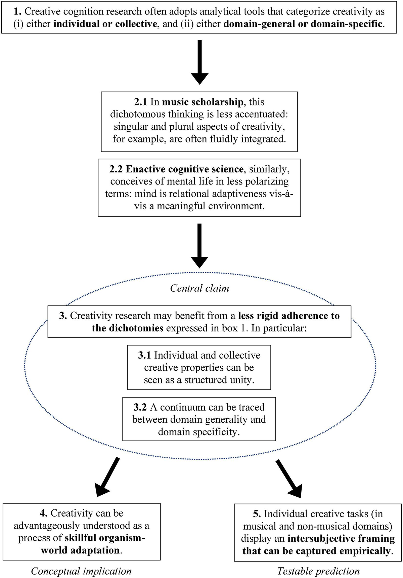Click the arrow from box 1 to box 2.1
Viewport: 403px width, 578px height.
click(x=199, y=62)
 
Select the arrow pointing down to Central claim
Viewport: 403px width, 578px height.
click(x=199, y=245)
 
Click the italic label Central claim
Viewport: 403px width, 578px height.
click(x=199, y=288)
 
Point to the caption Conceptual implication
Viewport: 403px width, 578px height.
click(x=81, y=571)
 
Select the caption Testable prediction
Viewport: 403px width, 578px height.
click(x=318, y=571)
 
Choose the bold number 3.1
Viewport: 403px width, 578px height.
click(x=144, y=356)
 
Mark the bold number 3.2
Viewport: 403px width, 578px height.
click(x=140, y=407)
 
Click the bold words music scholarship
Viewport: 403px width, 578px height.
click(x=203, y=102)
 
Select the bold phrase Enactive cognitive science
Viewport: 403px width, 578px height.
click(x=185, y=169)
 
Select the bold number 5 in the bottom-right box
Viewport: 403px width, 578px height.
click(x=257, y=514)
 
